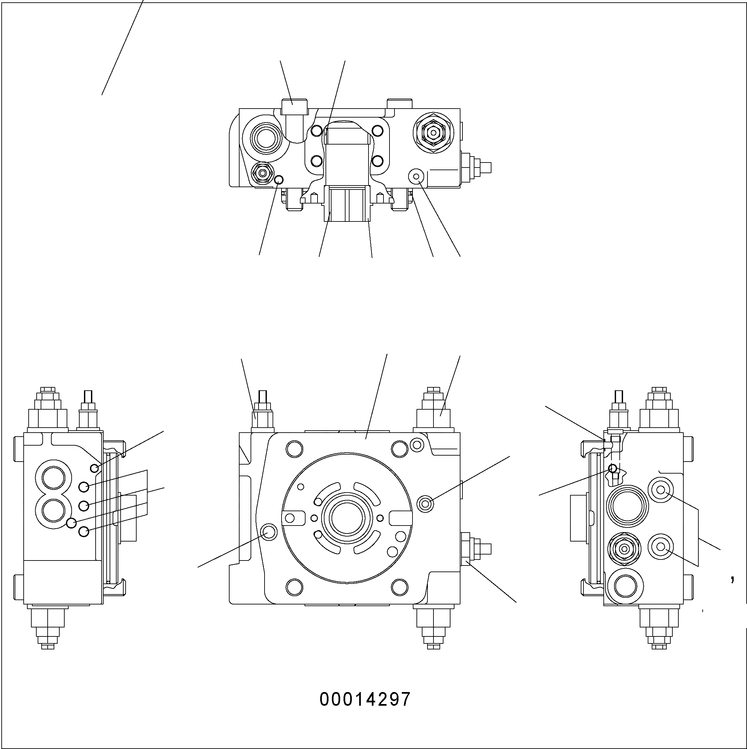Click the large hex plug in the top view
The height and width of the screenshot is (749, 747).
click(433, 133)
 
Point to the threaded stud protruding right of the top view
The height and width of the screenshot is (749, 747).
click(481, 168)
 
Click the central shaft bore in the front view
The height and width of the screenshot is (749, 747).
click(347, 518)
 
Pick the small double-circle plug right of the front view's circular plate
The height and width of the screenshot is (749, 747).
click(425, 504)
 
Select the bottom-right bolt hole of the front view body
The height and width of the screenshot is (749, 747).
click(399, 587)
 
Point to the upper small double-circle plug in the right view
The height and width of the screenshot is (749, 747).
click(660, 490)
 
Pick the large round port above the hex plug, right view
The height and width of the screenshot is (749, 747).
click(627, 506)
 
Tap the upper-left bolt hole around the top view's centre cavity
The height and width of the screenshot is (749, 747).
click(317, 131)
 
